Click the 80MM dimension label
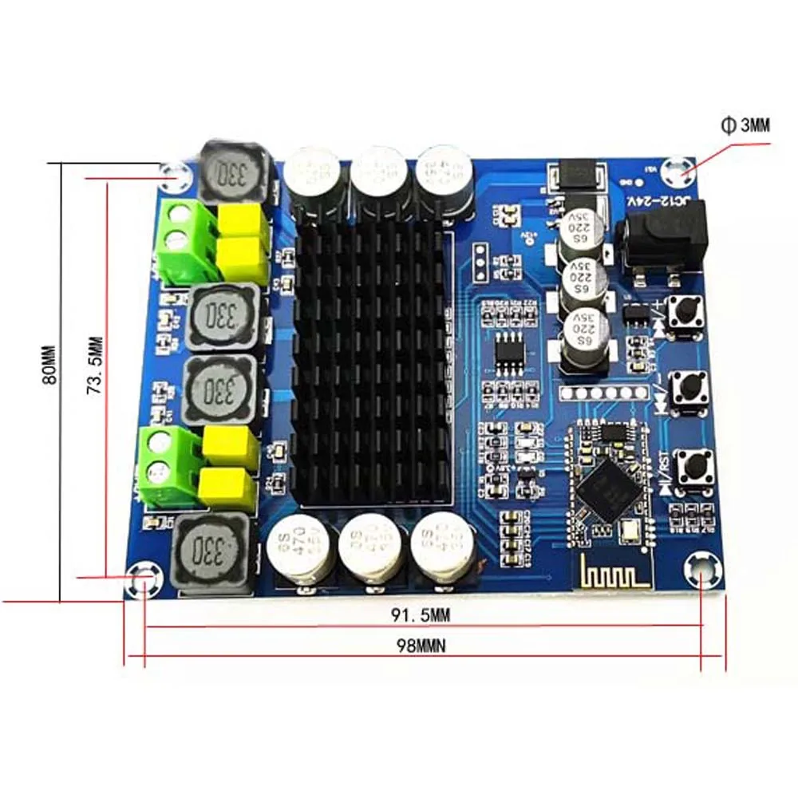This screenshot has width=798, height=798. click(x=49, y=365)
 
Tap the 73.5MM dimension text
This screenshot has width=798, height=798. click(x=95, y=365)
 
